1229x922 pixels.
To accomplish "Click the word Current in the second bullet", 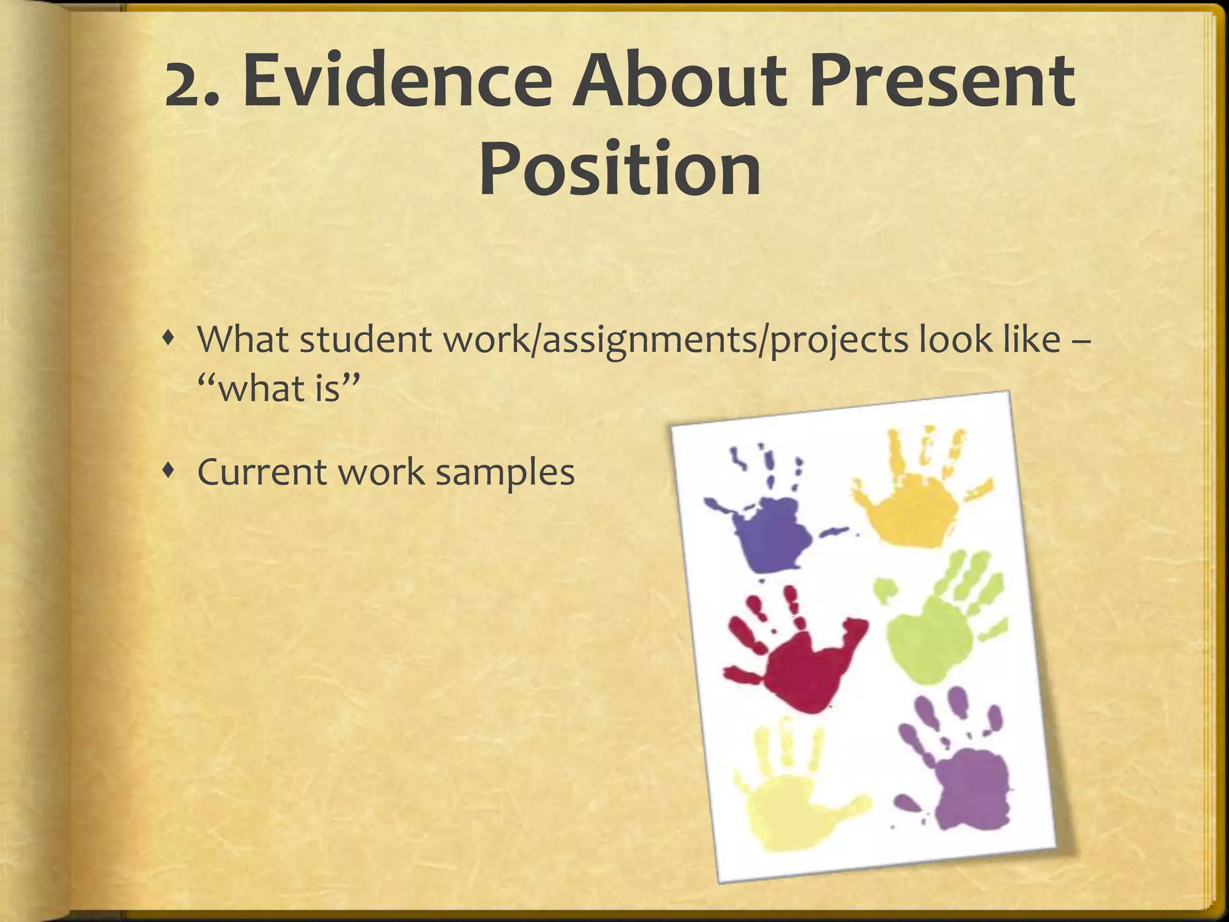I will pyautogui.click(x=262, y=472).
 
